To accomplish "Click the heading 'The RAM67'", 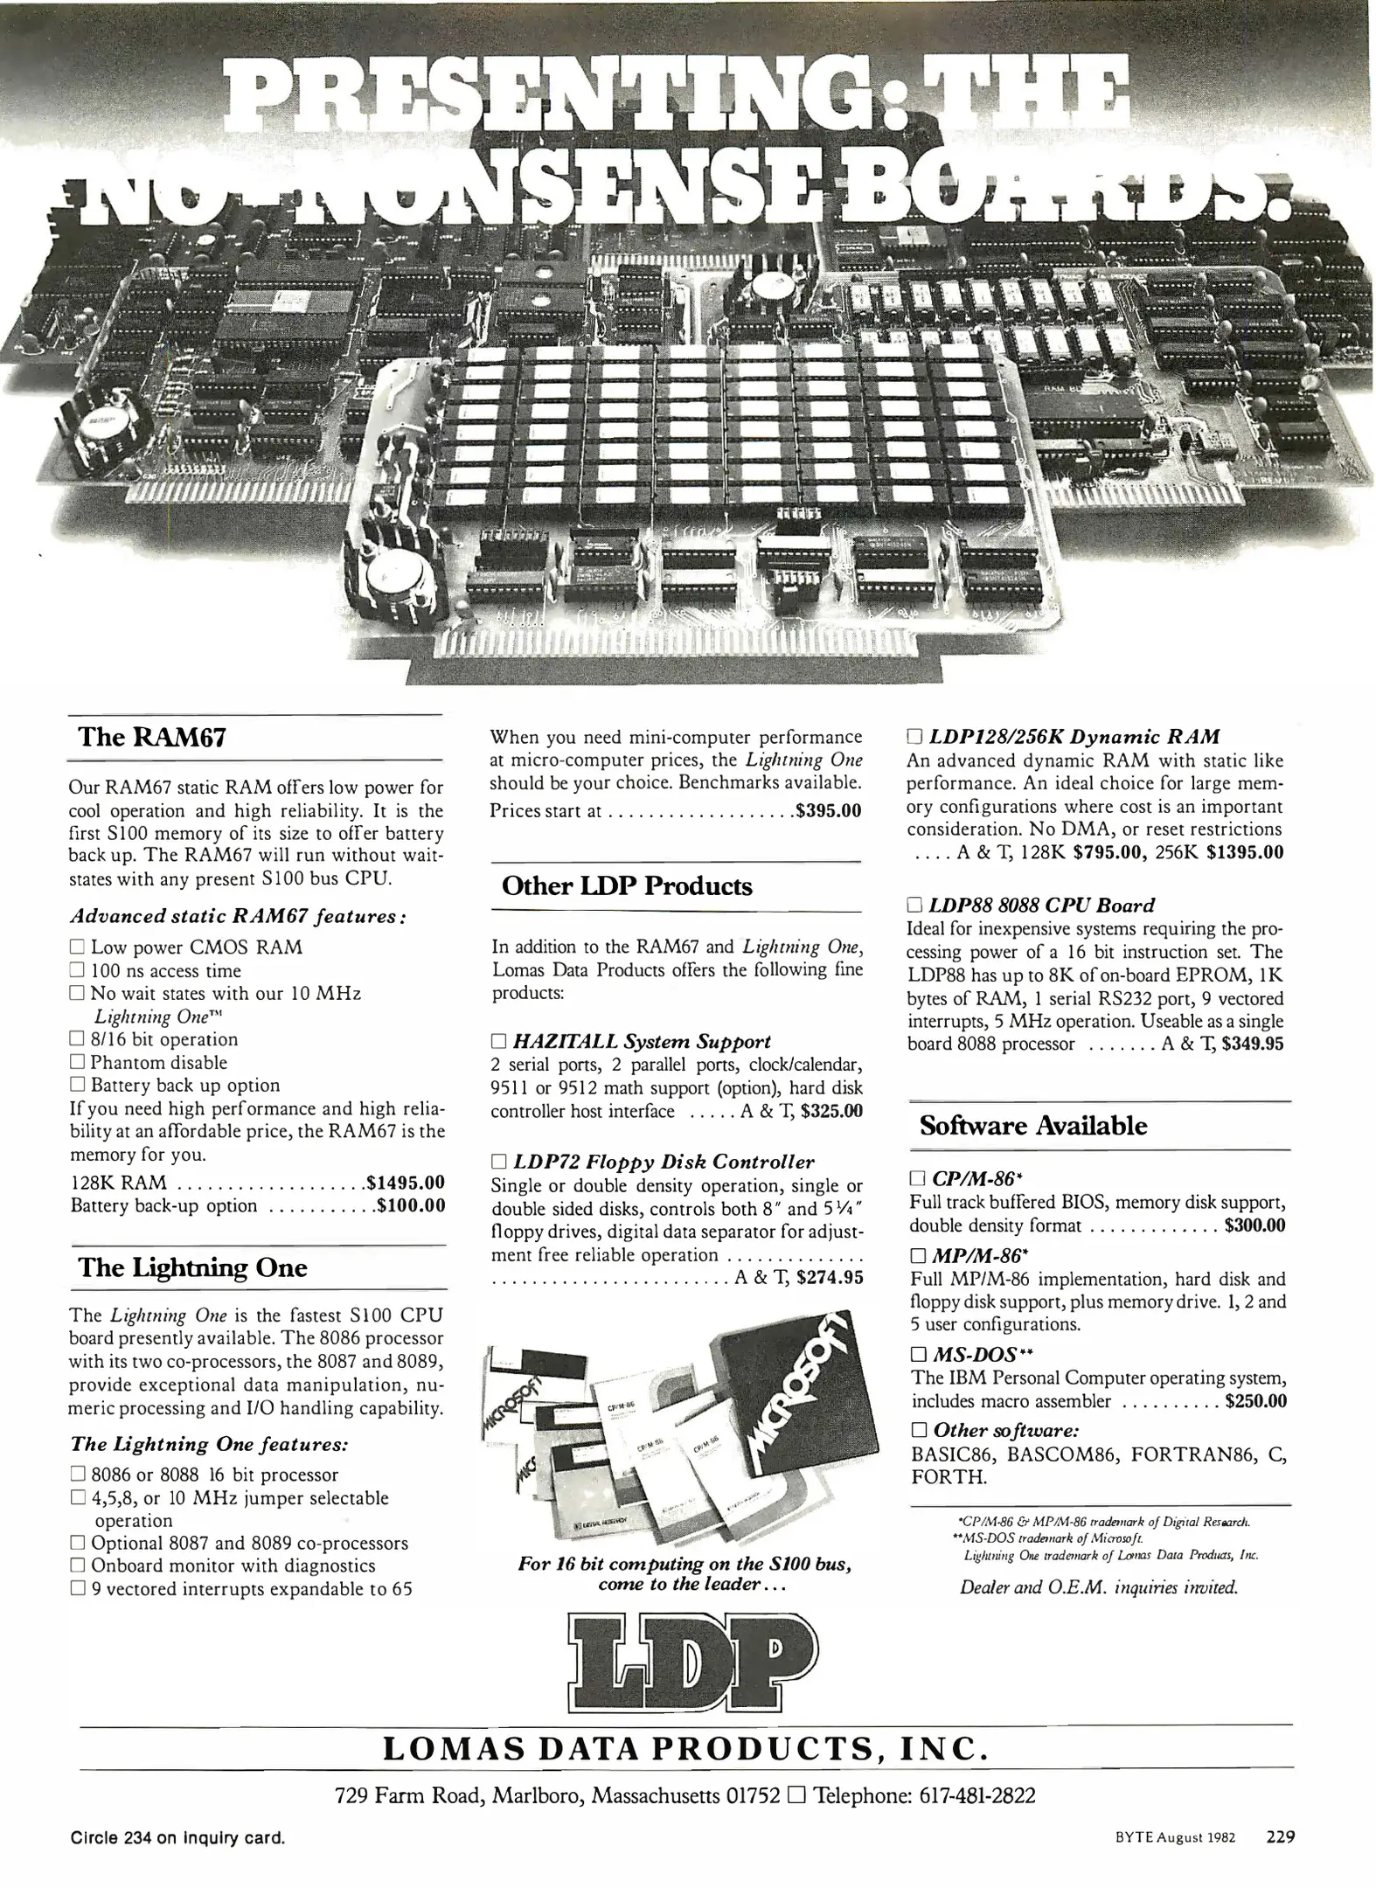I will point(152,737).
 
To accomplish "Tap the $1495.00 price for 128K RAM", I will point(407,1183).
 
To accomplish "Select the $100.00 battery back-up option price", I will point(410,1206).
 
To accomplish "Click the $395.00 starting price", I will point(827,810).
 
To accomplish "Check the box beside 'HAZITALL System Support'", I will point(499,1042).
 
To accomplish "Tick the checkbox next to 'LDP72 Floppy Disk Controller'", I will point(499,1163).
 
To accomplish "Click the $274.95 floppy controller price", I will point(824,1278).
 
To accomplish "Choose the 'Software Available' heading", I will point(1033,1125).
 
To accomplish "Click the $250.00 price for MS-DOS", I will point(1255,1401).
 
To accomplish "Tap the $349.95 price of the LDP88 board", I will point(1253,1044).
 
